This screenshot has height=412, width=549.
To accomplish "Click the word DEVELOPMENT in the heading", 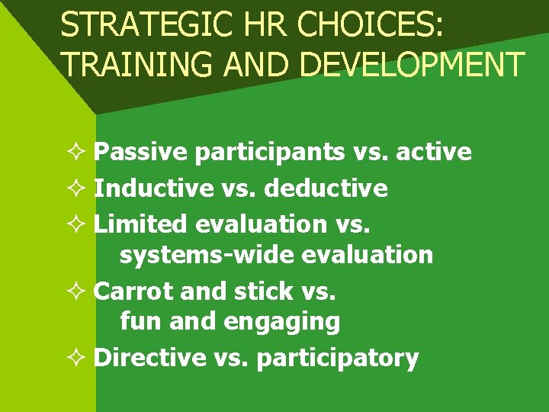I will coord(413,65).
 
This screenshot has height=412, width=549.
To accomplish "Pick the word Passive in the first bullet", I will coord(140,153).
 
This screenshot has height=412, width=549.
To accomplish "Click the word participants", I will coord(271,153).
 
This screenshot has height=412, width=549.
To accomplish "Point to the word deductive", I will coord(326,188).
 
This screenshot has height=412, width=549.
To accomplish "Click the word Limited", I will coord(140,224).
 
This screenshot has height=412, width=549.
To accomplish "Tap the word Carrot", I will coord(130,291).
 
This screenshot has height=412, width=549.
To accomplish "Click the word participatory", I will coord(338,358).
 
